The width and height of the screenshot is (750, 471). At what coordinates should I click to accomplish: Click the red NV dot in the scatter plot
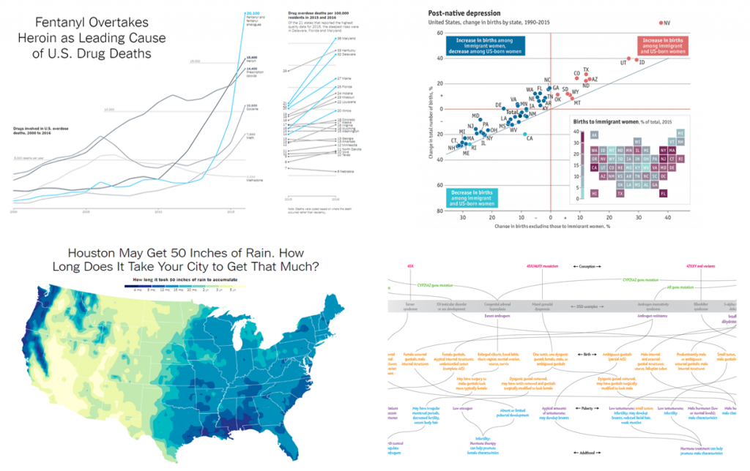(x=664, y=23)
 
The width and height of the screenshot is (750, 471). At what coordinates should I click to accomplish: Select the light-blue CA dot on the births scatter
(x=524, y=134)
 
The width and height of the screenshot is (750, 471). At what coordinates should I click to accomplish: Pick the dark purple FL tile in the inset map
(x=663, y=194)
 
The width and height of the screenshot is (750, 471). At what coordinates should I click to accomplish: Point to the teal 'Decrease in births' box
(x=471, y=196)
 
